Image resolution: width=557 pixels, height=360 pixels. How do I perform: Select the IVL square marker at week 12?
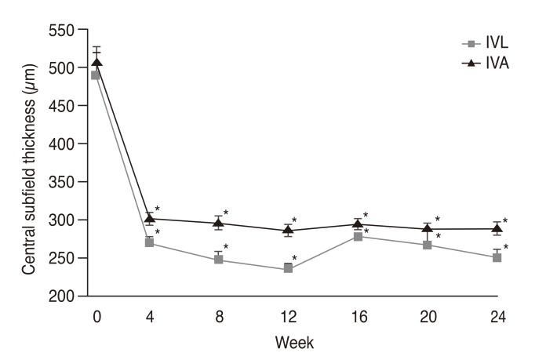[x=289, y=268]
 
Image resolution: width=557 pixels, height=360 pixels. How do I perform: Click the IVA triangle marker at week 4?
[x=150, y=219]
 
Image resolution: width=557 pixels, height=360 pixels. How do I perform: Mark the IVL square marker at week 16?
[x=358, y=236]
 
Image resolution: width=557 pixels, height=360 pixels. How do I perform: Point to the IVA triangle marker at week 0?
[x=96, y=63]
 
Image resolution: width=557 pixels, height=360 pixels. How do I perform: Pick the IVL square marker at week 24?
[x=497, y=257]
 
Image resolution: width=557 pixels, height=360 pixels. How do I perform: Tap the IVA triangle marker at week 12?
[x=289, y=230]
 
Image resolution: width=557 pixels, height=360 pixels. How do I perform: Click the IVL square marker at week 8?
[x=219, y=259]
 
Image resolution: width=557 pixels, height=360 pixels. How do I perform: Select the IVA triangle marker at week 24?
[x=497, y=228]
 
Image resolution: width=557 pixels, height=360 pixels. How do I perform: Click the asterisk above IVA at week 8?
[x=226, y=213]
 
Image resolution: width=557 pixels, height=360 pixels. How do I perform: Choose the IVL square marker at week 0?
[x=96, y=75]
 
